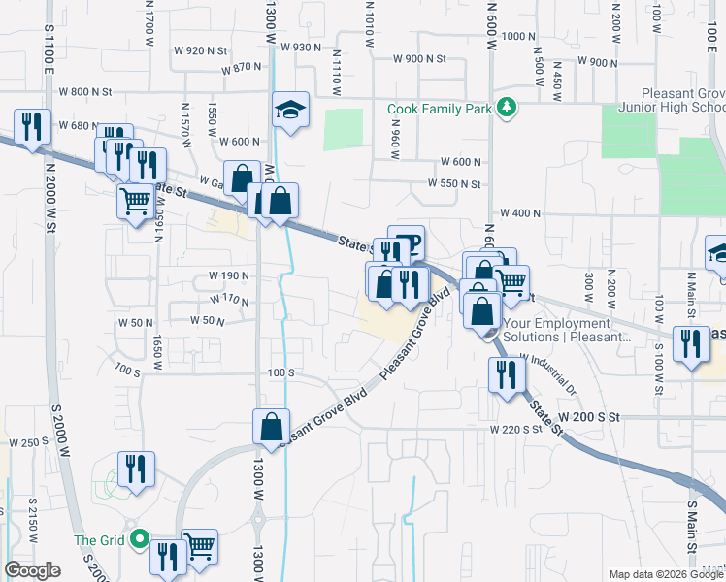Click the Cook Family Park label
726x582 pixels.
click(x=439, y=110)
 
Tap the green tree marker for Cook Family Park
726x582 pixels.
click(x=505, y=108)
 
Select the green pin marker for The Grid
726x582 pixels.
click(x=140, y=538)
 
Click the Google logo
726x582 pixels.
click(x=32, y=570)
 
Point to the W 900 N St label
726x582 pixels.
click(x=419, y=59)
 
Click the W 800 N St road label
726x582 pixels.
click(x=87, y=92)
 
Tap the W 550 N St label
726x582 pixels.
click(x=455, y=183)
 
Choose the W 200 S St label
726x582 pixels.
click(x=590, y=416)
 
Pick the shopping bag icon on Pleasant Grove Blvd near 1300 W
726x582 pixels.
click(x=271, y=426)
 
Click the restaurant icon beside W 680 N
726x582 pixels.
click(x=32, y=127)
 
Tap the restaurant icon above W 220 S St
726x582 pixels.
click(x=506, y=374)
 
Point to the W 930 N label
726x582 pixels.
click(x=300, y=47)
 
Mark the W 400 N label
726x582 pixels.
click(x=519, y=213)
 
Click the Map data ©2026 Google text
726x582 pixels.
click(x=665, y=574)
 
